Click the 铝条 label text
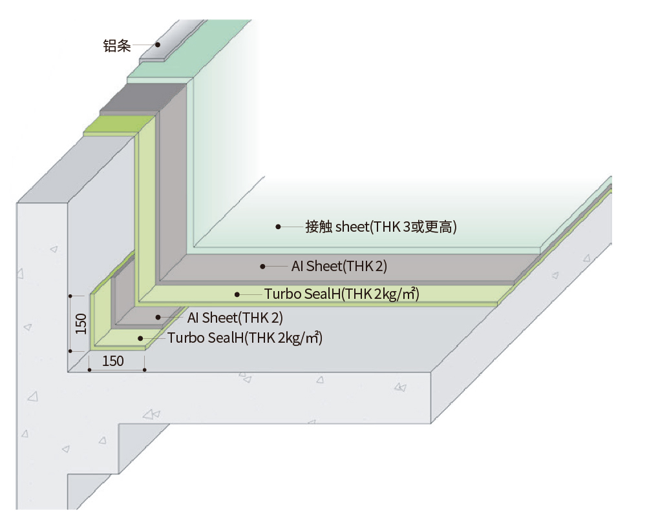(117, 45)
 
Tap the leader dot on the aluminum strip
(158, 45)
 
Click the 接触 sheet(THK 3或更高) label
(381, 227)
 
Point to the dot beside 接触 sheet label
(278, 227)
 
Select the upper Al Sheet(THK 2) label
(339, 266)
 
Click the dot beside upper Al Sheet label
(262, 267)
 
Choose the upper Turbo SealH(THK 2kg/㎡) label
(342, 294)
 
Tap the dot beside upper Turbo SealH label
(237, 294)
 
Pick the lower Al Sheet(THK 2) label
(235, 318)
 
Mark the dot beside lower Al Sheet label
(158, 317)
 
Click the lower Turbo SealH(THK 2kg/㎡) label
(245, 338)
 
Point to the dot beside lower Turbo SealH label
(140, 338)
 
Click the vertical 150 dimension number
(81, 324)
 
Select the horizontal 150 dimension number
(112, 361)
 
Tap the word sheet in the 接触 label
(352, 227)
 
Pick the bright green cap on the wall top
(119, 126)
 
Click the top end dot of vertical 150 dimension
(70, 296)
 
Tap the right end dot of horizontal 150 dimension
(144, 370)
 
